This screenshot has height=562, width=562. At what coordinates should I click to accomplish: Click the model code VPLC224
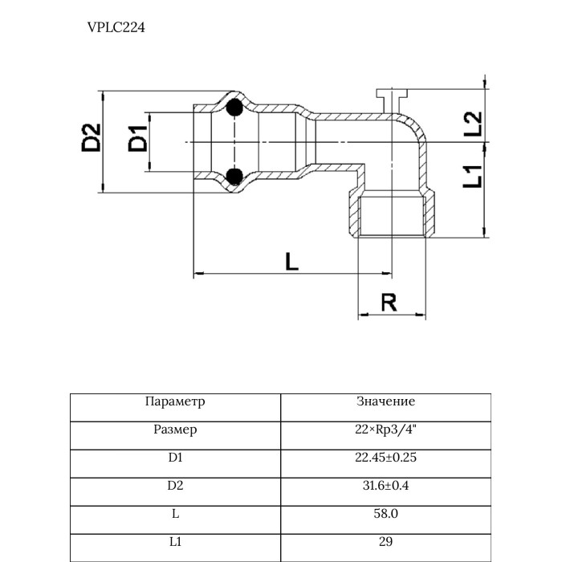pyautogui.click(x=116, y=26)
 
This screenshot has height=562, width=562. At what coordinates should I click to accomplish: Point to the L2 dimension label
pyautogui.click(x=473, y=122)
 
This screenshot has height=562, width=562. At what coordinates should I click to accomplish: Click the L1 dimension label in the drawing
pyautogui.click(x=473, y=175)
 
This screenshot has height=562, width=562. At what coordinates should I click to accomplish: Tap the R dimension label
pyautogui.click(x=389, y=303)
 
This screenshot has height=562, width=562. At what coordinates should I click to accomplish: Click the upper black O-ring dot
pyautogui.click(x=234, y=108)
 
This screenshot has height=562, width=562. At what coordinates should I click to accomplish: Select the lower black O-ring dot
pyautogui.click(x=234, y=176)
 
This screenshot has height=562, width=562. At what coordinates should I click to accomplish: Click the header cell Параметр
pyautogui.click(x=175, y=401)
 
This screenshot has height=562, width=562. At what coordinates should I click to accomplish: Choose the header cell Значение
pyautogui.click(x=385, y=401)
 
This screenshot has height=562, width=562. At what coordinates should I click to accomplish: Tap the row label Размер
pyautogui.click(x=175, y=430)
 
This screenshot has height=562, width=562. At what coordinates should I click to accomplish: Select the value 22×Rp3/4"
pyautogui.click(x=385, y=430)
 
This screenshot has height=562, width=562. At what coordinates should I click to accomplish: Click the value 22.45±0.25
pyautogui.click(x=385, y=458)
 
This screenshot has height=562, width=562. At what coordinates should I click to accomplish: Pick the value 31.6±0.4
pyautogui.click(x=385, y=486)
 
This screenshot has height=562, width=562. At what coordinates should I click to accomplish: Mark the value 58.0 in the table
pyautogui.click(x=385, y=514)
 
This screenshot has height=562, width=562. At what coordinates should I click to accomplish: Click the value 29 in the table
pyautogui.click(x=385, y=542)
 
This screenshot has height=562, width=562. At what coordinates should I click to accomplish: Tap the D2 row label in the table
pyautogui.click(x=175, y=486)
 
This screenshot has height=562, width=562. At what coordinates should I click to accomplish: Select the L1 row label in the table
pyautogui.click(x=175, y=542)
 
